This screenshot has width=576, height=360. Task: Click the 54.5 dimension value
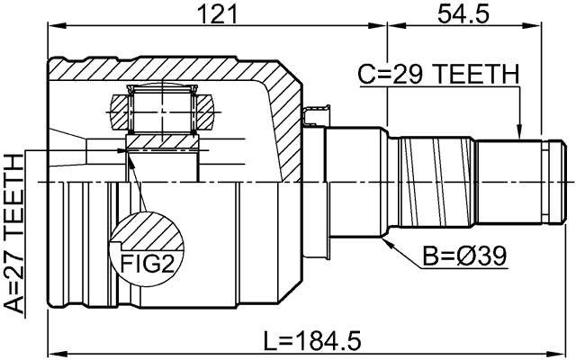(463, 14)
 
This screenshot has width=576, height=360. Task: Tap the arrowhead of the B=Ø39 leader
(384, 241)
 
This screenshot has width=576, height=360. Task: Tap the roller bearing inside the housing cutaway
(163, 111)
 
